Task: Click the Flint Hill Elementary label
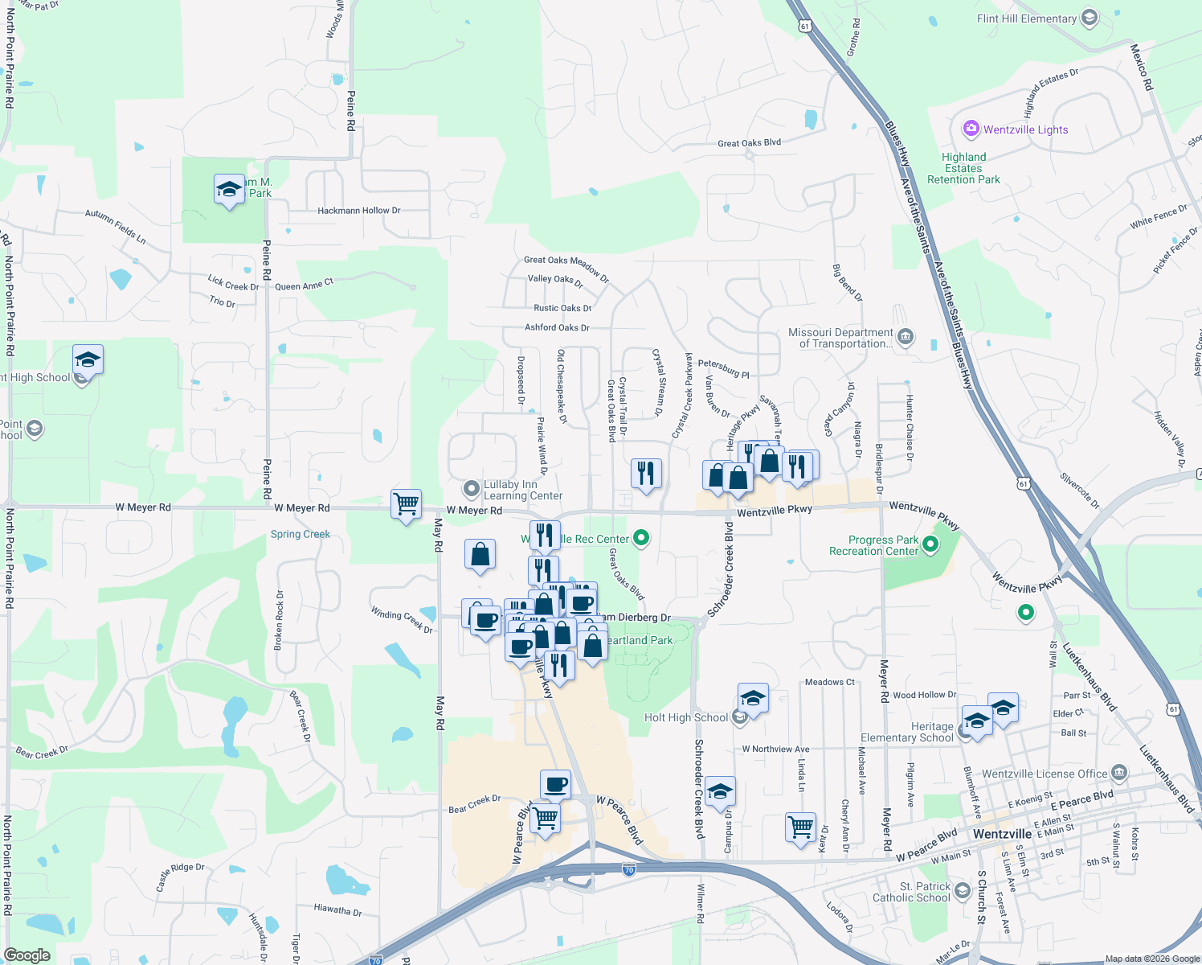point(1026,18)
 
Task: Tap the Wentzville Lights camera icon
point(971,129)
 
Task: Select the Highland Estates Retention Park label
point(963,169)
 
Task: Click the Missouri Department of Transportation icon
point(906,336)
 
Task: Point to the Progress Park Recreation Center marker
point(930,545)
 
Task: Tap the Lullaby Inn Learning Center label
point(522,490)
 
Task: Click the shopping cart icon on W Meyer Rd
point(406,504)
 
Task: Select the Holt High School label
point(686,717)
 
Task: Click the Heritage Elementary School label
point(907,732)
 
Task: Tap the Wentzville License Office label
point(1045,774)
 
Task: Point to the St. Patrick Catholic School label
point(911,892)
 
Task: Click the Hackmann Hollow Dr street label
point(358,211)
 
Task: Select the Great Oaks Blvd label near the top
point(749,143)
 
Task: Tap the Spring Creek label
point(300,534)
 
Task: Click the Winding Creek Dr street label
point(402,620)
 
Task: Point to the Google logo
point(27,955)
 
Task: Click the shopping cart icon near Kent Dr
point(801,826)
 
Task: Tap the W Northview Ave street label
point(775,749)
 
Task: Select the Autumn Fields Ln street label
point(116,227)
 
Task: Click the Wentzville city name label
point(1002,834)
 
